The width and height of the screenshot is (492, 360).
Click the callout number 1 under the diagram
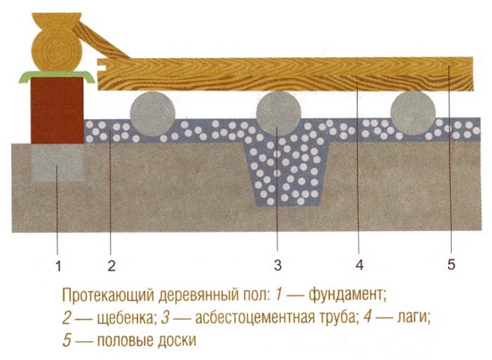58,265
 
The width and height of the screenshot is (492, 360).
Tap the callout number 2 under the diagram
111,265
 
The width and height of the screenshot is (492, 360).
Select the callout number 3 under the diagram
278,265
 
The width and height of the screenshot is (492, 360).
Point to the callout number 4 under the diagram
358,265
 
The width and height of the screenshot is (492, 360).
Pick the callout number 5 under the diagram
451,265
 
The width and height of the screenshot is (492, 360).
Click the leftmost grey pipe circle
153,113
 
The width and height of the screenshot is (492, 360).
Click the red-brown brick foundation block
57,109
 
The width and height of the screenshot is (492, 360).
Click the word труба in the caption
333,316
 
